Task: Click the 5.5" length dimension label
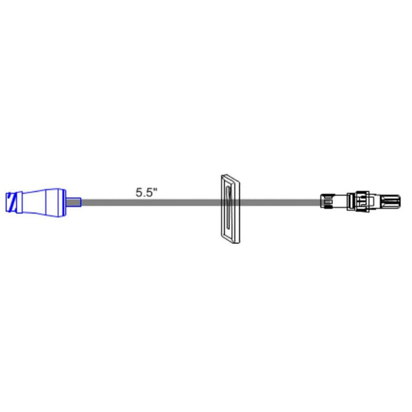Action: [146, 192]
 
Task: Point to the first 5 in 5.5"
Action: [139, 192]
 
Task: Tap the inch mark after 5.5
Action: [155, 189]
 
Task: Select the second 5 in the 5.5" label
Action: [149, 192]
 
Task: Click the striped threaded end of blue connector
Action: [11, 202]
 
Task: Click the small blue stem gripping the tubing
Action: [75, 202]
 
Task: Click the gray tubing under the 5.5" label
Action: [146, 203]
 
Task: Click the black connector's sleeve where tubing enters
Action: [325, 202]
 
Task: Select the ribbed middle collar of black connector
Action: [362, 202]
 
